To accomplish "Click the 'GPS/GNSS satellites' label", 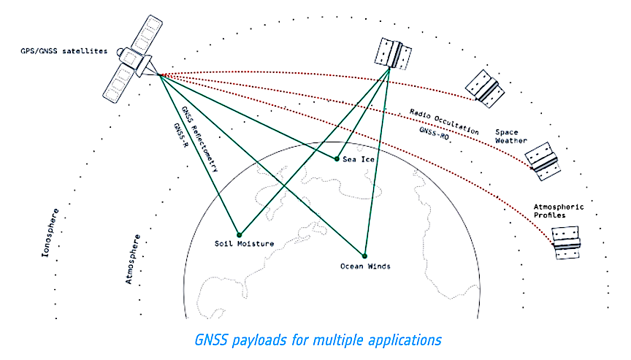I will tap(64, 51).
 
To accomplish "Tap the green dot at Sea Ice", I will tap(336, 158).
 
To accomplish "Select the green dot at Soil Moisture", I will tap(238, 235).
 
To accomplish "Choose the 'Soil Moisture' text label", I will tap(244, 244).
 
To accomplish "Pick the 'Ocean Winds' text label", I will tap(365, 267).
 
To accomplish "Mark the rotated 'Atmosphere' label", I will tap(134, 260).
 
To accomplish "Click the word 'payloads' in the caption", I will tap(280, 340).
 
